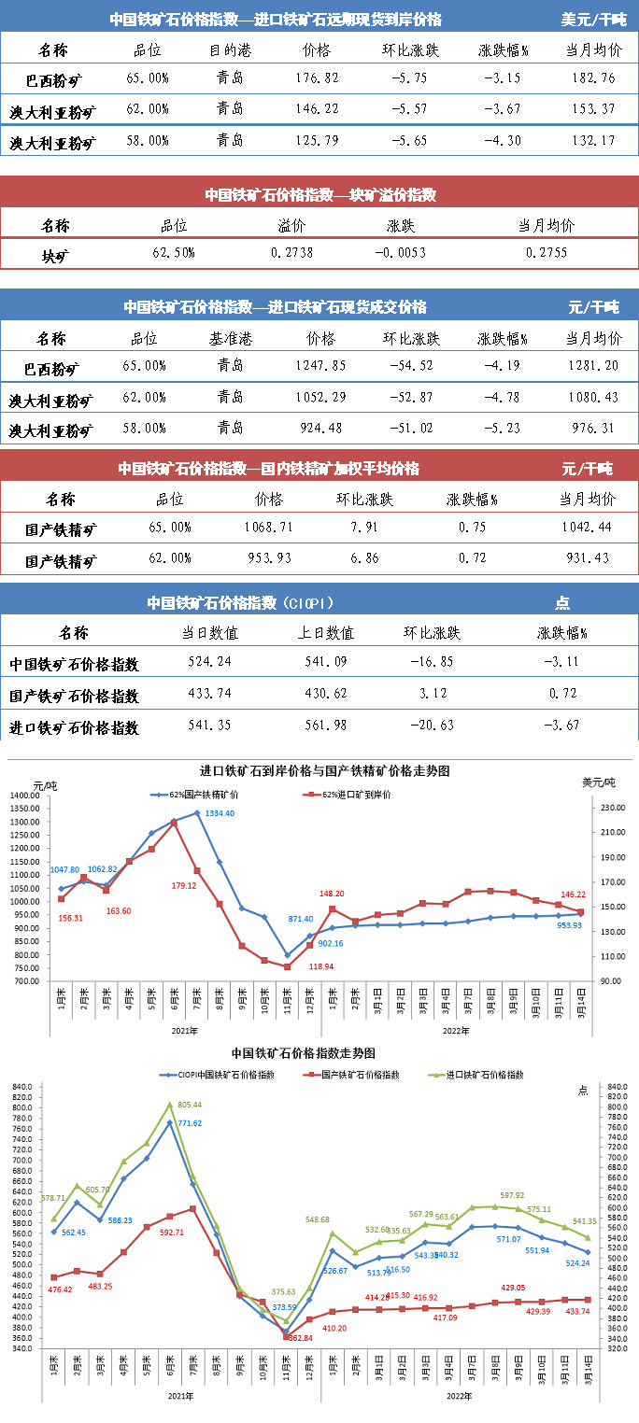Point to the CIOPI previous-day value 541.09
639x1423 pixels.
(x=330, y=662)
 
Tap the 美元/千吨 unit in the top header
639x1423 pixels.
(x=593, y=19)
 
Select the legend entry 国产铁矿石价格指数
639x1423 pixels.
(x=359, y=1075)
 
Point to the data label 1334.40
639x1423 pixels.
(x=220, y=813)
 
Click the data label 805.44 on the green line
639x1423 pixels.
(x=189, y=1105)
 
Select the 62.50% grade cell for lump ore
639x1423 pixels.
(x=174, y=252)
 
